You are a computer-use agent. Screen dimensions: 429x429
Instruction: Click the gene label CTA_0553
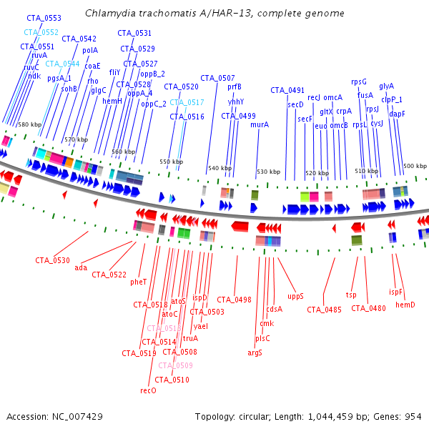[44, 17]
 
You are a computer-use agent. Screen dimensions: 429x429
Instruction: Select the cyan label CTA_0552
[41, 32]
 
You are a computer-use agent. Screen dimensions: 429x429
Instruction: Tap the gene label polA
[90, 50]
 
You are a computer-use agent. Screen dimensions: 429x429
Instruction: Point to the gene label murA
[260, 124]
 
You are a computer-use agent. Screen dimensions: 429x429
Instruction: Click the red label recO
[148, 390]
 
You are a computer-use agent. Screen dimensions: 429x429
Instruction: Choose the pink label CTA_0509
[175, 365]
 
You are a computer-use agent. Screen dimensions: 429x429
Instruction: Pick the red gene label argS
[255, 352]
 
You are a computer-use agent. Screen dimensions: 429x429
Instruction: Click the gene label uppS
[295, 295]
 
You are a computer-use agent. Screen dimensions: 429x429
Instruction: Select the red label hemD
[405, 305]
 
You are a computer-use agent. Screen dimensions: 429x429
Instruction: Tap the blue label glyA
[386, 86]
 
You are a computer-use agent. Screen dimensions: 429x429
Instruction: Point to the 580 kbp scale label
[31, 124]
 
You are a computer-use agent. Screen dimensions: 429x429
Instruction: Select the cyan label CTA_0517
[187, 102]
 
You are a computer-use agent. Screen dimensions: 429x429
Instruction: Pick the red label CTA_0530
[53, 260]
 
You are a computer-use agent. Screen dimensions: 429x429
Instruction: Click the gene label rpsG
[359, 82]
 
